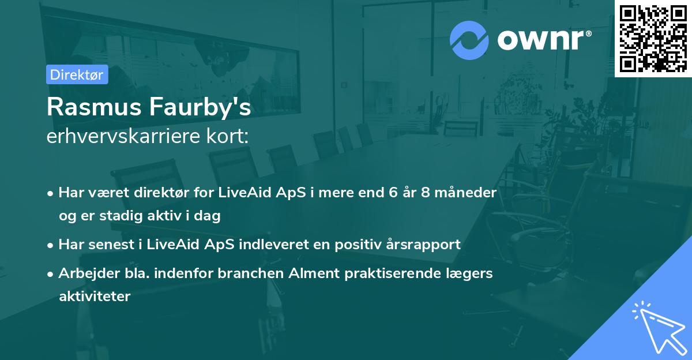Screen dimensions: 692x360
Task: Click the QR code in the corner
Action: click(653, 39)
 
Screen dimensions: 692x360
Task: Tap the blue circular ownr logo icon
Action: click(469, 40)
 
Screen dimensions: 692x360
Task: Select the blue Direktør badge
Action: click(77, 74)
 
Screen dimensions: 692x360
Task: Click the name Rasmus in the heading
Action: click(94, 107)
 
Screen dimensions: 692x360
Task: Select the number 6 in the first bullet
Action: click(393, 193)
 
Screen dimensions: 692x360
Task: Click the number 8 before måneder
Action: click(426, 193)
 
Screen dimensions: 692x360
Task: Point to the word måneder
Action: click(465, 192)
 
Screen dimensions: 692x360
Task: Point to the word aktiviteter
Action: click(95, 297)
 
